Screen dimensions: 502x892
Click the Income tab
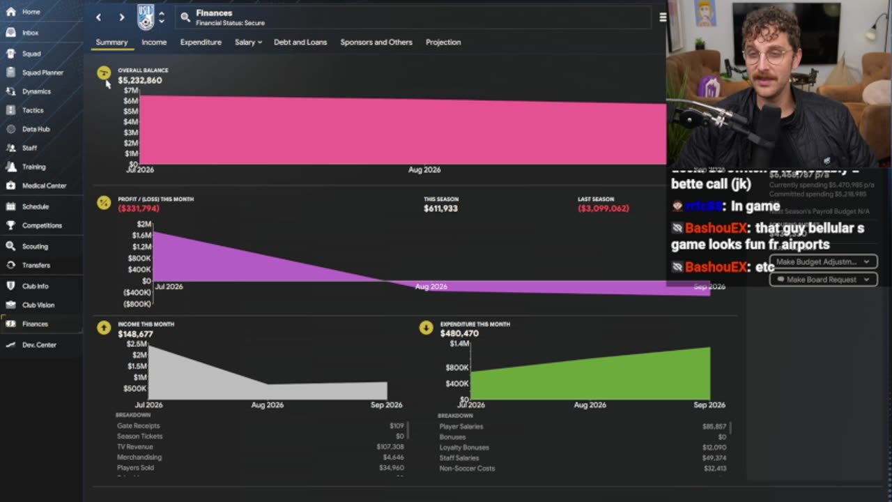coord(154,43)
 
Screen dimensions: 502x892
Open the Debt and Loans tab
coord(300,43)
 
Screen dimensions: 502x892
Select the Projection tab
coord(443,43)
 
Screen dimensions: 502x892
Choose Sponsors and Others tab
coord(376,43)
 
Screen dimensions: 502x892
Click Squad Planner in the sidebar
coord(43,73)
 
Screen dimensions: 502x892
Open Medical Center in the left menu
coord(44,186)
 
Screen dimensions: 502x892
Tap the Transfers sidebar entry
coord(36,266)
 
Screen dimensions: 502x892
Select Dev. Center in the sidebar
coord(39,345)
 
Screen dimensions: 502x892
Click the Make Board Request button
coord(823,280)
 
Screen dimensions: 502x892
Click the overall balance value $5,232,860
coord(140,80)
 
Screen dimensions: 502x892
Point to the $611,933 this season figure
coord(440,208)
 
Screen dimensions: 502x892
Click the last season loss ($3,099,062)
coord(603,208)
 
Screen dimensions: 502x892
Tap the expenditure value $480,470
coord(459,334)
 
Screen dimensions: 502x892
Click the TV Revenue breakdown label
coord(134,447)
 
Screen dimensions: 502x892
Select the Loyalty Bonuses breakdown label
coord(464,448)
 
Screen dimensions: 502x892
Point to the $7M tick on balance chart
coord(130,91)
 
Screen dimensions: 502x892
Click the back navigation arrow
coord(98,17)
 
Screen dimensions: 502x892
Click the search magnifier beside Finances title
coord(185,17)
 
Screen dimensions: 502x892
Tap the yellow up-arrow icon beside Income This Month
coord(104,328)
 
